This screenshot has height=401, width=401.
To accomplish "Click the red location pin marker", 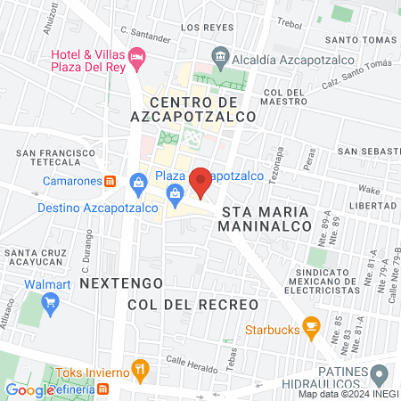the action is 200,182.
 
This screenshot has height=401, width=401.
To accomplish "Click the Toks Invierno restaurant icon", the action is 139,369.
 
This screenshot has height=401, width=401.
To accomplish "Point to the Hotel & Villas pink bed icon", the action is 137,58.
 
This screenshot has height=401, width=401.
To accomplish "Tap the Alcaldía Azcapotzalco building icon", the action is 221,53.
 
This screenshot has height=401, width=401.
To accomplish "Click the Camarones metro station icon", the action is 110,180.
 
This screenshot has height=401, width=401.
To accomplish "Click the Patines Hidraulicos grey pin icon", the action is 380,372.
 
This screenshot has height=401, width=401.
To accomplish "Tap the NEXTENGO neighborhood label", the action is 121,282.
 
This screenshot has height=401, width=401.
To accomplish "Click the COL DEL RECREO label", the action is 192,305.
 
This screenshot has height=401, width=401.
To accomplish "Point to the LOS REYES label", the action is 200,28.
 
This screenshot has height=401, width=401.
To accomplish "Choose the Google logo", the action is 29,390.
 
